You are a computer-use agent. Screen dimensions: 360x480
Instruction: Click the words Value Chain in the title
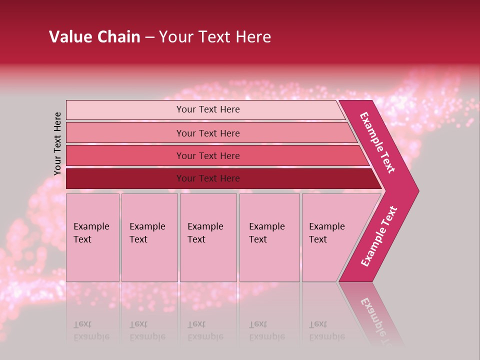tap(94, 37)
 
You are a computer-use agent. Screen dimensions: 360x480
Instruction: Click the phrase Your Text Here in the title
tap(215, 37)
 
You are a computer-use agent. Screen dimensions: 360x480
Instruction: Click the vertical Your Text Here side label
tap(57, 143)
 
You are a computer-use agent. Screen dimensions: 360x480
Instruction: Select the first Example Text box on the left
tap(92, 237)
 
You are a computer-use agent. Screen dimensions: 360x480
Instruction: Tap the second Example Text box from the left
tap(149, 237)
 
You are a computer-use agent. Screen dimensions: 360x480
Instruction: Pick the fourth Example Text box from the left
tap(269, 237)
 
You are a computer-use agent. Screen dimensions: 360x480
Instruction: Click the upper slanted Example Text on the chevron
tap(377, 142)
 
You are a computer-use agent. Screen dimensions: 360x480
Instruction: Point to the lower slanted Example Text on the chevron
tap(379, 236)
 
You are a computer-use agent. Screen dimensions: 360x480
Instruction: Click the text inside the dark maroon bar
tap(208, 178)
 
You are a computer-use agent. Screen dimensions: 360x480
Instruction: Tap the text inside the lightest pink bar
tap(208, 109)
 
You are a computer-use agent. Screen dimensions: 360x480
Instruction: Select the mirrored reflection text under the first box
tap(91, 330)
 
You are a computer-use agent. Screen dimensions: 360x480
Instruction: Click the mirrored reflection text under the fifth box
tap(327, 330)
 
